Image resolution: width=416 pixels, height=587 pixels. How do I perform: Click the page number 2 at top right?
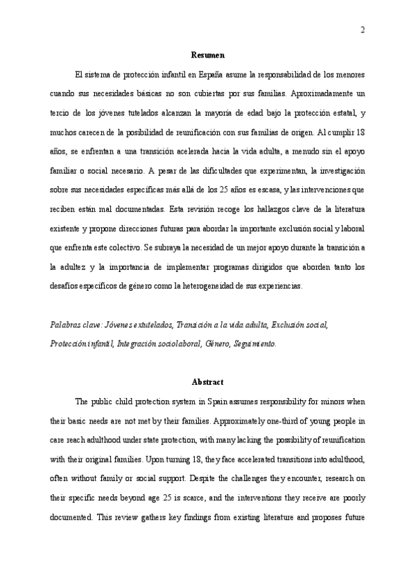(x=363, y=30)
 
